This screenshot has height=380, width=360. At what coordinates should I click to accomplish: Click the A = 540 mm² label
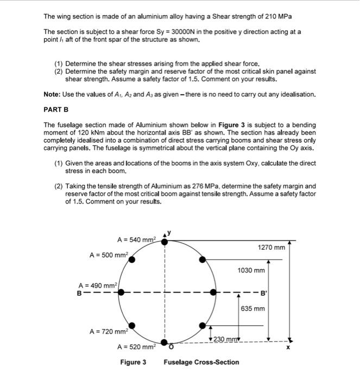coord(136,239)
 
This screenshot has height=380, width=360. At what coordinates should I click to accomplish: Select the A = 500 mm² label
coord(109,254)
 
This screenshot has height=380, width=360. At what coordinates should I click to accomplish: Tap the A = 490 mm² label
coord(98,285)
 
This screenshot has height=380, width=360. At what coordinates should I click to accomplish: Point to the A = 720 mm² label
coord(109,331)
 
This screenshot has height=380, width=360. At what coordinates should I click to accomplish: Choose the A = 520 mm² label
coord(136,346)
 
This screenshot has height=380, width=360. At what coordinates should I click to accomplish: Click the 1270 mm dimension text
coord(271,248)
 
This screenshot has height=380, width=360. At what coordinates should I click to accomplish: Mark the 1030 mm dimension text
coord(251,270)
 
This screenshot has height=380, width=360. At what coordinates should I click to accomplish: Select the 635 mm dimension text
coord(253,308)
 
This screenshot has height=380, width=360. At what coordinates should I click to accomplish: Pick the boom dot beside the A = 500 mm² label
coord(130,259)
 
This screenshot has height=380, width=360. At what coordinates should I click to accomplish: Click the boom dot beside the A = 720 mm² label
coord(131,326)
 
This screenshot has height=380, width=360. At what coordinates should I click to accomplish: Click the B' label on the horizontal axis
coord(264,294)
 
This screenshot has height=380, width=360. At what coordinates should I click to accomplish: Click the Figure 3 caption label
coord(133,362)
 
